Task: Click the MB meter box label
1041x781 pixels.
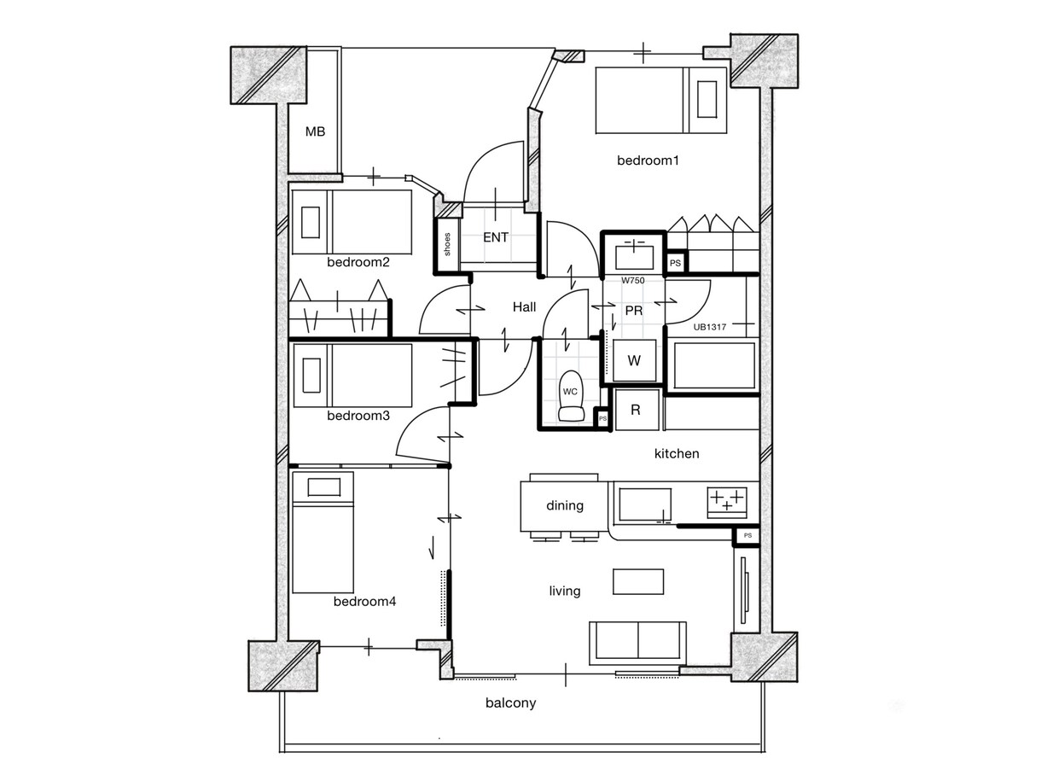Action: tap(315, 131)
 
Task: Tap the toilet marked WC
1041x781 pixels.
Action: tap(571, 395)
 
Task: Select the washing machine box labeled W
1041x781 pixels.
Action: tap(634, 360)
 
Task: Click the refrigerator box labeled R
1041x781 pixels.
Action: tap(637, 410)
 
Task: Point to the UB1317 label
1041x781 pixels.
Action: tap(709, 327)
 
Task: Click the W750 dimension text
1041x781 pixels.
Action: tap(632, 280)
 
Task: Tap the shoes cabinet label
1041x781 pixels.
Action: tap(447, 244)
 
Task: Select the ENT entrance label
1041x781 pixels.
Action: tap(496, 237)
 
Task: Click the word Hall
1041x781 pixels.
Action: tap(524, 306)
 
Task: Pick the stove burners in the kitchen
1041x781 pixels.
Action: tap(727, 502)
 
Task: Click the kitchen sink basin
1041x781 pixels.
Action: tap(645, 505)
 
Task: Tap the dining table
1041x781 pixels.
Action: tap(564, 506)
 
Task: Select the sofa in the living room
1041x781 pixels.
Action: tap(638, 644)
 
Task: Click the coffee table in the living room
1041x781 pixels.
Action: tap(638, 581)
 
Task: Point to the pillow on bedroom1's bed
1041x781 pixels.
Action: tap(707, 99)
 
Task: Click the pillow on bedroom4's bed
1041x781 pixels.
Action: tap(324, 487)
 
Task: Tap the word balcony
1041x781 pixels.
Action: tap(511, 702)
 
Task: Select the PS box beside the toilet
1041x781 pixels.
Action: tap(602, 419)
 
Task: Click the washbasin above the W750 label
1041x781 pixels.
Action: tap(634, 256)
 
